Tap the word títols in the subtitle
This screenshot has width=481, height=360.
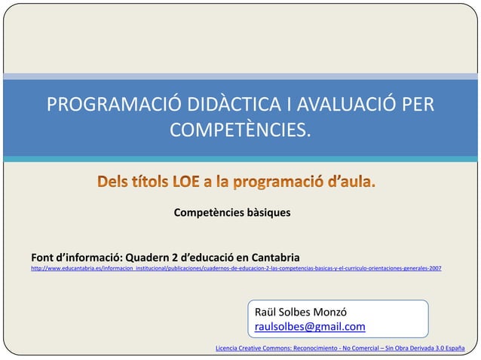148,183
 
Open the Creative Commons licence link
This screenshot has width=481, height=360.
339,348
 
